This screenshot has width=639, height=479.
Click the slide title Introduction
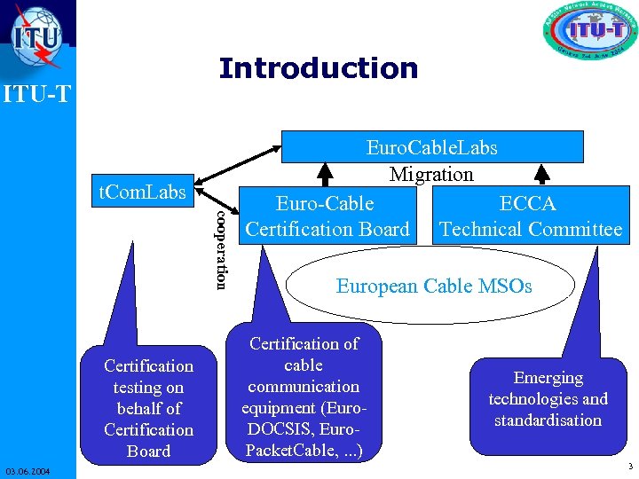318,68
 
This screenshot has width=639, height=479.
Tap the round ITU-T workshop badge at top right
589,33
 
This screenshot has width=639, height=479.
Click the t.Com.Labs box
142,192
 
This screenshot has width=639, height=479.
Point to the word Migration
431,175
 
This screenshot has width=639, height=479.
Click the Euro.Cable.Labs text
431,147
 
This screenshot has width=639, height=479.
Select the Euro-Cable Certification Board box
327,216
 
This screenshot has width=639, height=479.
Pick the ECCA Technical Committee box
531,216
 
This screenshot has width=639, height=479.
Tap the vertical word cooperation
222,249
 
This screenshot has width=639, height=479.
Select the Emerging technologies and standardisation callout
548,399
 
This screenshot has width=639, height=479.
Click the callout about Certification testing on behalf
148,408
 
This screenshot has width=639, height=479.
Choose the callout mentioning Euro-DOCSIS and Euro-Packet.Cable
304,397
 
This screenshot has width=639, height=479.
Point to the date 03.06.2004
27,469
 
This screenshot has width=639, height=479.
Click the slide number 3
628,467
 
